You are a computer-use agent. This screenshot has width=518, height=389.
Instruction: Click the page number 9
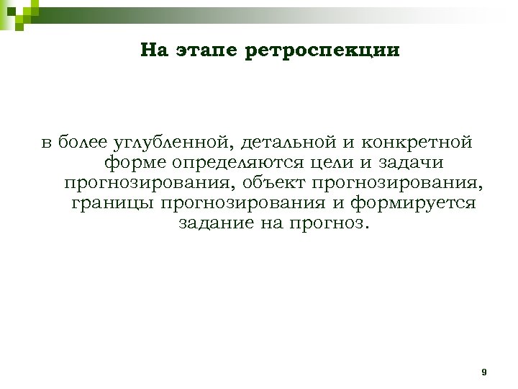[483, 372]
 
